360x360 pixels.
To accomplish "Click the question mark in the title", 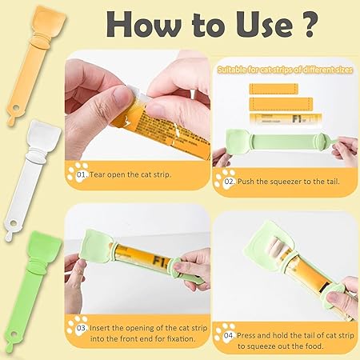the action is [x=309, y=25].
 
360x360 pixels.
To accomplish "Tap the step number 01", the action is [x=82, y=174].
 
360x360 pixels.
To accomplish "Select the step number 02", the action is [x=229, y=182].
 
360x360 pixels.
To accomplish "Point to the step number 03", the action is [x=82, y=328].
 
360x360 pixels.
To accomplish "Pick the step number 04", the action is [x=229, y=335].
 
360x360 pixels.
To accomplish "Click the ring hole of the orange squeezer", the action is [x=15, y=108].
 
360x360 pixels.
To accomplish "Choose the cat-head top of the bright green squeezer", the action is [x=43, y=246].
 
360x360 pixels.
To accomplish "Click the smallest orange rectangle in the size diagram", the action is [x=274, y=89].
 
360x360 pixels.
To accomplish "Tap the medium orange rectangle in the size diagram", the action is [x=281, y=104].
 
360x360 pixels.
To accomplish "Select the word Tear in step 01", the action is [x=98, y=174].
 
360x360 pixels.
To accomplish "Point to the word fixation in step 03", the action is [x=182, y=339].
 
